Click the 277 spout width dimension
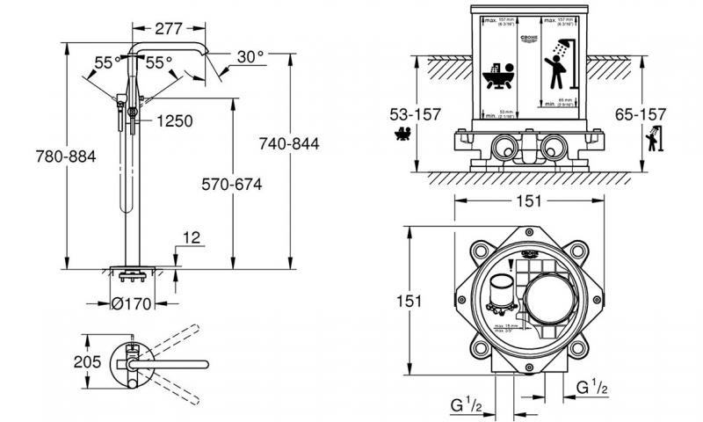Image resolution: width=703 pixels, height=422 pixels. point(170,29)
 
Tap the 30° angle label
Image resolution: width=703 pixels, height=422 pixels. point(250,56)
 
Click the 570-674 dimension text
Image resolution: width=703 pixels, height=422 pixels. point(232,185)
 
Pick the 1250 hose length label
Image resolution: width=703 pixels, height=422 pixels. point(174,121)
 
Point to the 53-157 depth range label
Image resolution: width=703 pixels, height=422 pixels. point(414,114)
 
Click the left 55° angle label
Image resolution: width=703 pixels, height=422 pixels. point(105,63)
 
